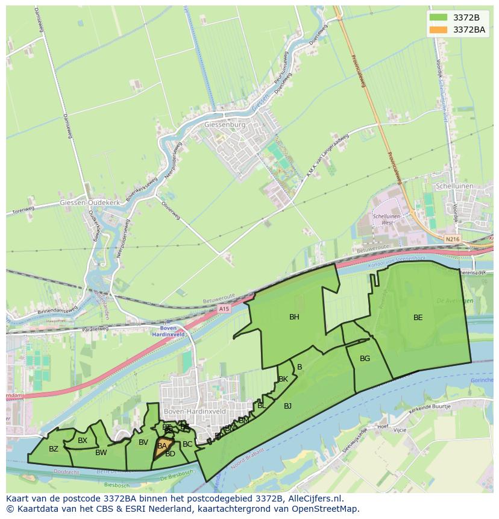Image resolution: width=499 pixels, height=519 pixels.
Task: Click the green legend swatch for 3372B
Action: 438,17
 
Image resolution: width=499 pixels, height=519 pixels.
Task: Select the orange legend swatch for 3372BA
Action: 438,30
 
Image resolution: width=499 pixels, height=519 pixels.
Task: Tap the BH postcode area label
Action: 294,317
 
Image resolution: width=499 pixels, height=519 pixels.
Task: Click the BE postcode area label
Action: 418,318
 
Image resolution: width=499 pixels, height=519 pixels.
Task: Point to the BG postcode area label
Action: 365,359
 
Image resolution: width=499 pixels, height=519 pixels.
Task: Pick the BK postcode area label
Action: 283,379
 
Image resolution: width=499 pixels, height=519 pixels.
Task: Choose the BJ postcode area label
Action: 287,406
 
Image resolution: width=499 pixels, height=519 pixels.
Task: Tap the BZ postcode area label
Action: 54,449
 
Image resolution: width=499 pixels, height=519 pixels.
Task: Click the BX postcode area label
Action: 83,441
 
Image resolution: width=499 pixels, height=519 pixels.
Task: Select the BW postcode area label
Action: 101,453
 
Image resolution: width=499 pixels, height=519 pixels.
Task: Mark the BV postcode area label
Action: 143,442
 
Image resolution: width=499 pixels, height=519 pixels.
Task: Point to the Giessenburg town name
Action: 225,125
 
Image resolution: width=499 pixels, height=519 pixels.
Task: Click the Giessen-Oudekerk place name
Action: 90,203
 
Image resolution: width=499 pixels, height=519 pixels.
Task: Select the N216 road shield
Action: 452,239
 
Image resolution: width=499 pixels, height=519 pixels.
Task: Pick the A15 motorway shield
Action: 224,309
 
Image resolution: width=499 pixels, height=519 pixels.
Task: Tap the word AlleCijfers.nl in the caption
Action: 313,499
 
